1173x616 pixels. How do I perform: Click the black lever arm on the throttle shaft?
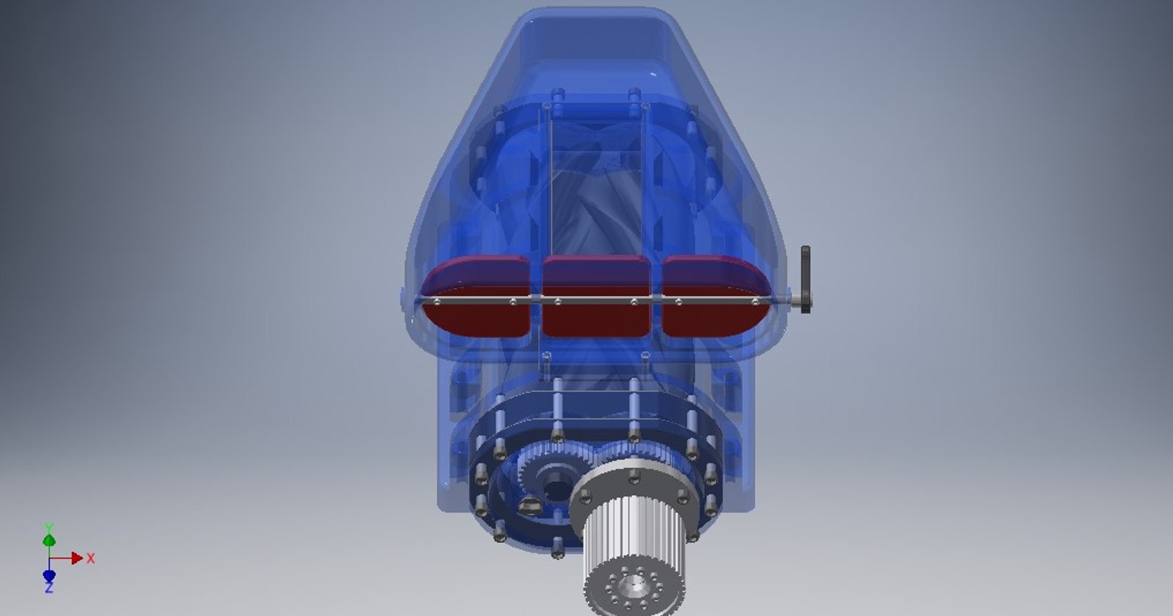tap(806, 280)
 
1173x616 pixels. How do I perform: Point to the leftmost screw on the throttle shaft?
tap(436, 302)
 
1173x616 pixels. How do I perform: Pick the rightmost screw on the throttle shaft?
tap(755, 302)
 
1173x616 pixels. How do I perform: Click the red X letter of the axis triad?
tap(90, 558)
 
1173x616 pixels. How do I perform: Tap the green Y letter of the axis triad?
tap(49, 526)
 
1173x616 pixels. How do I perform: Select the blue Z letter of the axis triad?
tap(49, 588)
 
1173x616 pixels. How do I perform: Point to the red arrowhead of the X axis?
tap(76, 558)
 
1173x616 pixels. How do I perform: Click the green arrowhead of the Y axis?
tap(49, 540)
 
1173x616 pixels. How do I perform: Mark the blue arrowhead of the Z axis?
tap(49, 575)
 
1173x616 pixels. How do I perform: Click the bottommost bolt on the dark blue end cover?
tap(557, 548)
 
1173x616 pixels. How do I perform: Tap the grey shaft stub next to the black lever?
tap(794, 300)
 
